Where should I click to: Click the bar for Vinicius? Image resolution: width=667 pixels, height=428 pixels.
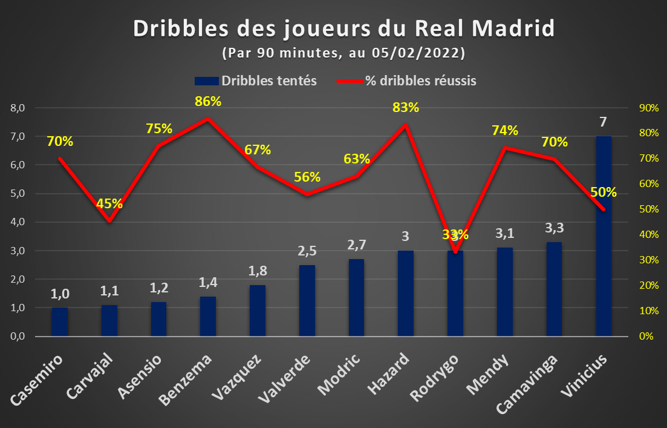[x=604, y=236]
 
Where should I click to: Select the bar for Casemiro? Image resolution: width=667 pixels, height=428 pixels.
[x=60, y=322]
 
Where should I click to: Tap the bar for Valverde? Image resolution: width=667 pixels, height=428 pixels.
[x=307, y=301]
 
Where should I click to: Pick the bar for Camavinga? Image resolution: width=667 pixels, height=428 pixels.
[x=555, y=289]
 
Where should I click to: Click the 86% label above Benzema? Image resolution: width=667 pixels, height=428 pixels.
[x=208, y=101]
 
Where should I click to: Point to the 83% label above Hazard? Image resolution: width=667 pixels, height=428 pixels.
[x=405, y=108]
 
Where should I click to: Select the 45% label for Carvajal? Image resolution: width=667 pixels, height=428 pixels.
[x=109, y=203]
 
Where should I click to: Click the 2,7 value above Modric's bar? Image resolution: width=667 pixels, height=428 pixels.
[x=356, y=245]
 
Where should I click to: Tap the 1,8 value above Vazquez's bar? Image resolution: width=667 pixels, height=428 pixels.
[x=258, y=271]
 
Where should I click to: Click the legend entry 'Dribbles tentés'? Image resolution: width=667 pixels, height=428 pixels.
[x=256, y=81]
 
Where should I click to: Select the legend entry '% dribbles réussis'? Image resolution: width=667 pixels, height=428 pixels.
[x=406, y=81]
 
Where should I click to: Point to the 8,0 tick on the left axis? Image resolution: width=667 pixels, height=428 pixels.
[x=18, y=108]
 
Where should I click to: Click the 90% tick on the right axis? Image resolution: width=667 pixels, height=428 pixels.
[x=649, y=108]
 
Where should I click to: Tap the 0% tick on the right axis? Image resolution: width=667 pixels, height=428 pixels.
[x=646, y=336]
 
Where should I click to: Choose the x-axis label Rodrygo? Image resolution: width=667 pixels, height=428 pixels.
[x=435, y=377]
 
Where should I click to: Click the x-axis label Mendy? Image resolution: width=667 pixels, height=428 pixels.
[x=487, y=374]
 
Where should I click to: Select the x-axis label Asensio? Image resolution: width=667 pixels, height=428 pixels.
[x=140, y=377]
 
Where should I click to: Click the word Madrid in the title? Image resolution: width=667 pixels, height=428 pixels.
[x=513, y=28]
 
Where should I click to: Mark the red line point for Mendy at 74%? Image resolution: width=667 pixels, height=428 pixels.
[x=504, y=148]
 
